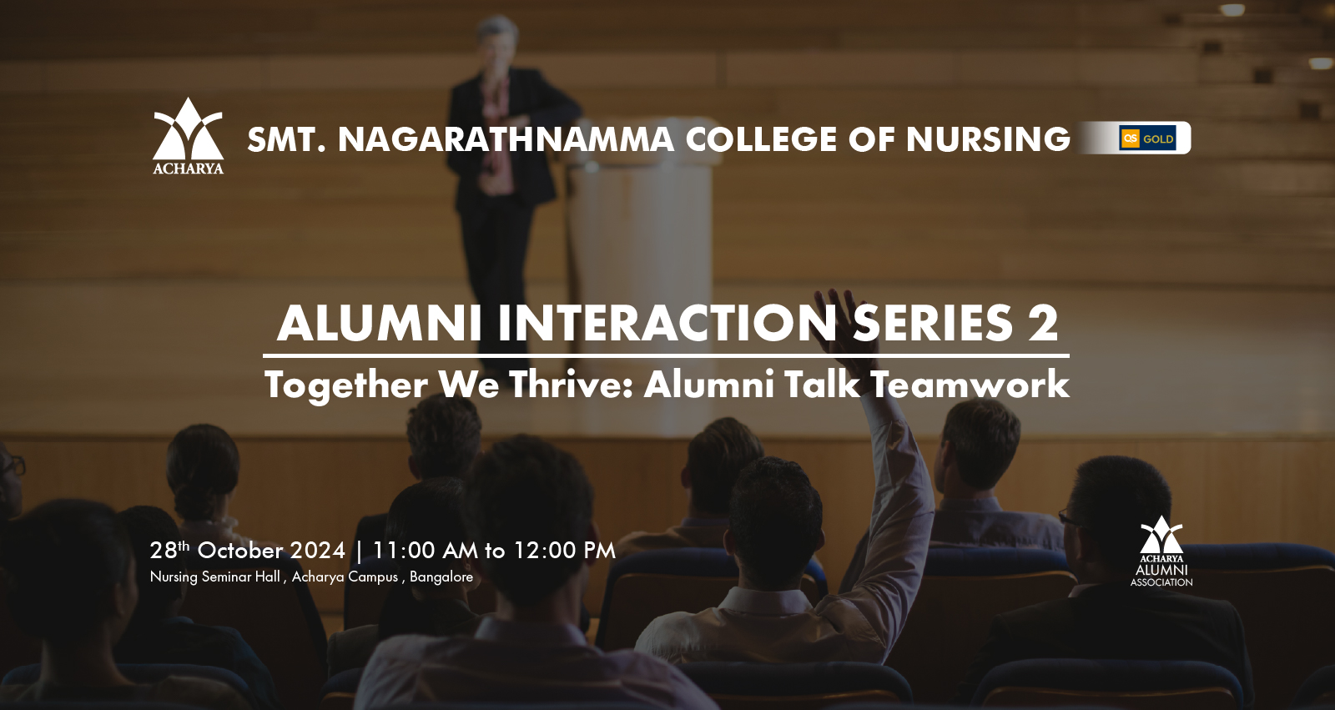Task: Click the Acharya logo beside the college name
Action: (x=189, y=136)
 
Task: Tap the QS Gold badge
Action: (x=1147, y=138)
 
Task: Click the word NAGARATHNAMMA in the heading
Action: (x=506, y=139)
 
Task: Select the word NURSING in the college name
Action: (x=988, y=139)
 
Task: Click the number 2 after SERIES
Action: (x=1043, y=324)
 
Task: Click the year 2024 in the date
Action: (x=318, y=551)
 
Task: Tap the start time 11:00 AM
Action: (x=425, y=551)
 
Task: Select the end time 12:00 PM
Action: (x=564, y=551)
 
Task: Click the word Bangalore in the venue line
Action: (x=441, y=577)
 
